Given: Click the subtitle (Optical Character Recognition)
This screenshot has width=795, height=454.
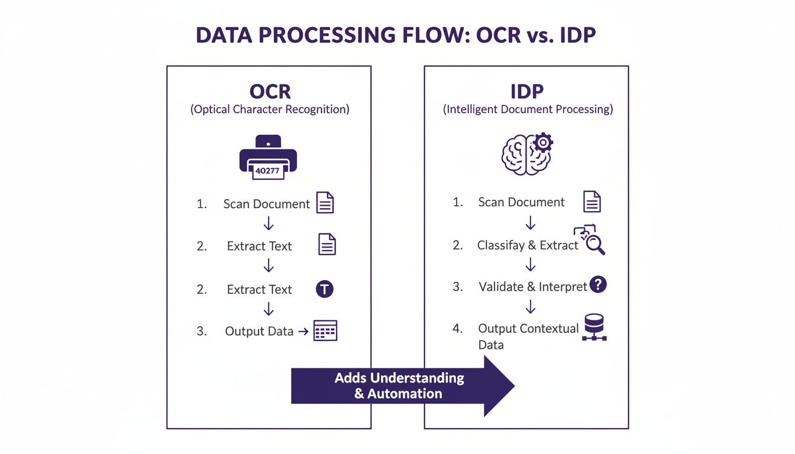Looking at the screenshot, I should point(270,110).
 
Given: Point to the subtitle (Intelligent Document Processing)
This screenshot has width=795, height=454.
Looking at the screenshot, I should point(528,110).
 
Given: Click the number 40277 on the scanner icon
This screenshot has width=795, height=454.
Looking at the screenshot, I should point(268,171).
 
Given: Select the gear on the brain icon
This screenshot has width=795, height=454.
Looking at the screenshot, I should point(542,142).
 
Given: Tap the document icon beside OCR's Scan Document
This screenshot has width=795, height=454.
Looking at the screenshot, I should point(325,203).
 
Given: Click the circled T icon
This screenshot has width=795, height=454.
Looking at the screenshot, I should point(325,288).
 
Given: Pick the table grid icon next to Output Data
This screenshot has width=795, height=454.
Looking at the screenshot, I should point(325,330).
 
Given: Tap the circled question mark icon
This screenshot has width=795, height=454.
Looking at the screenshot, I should point(599,285).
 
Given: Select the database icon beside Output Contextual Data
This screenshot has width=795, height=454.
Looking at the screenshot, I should point(594,327).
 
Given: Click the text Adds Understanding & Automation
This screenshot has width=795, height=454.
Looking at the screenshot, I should point(399,385).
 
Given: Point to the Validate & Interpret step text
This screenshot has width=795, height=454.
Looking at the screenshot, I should point(532,287).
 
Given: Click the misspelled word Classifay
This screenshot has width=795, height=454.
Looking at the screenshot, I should point(500,245).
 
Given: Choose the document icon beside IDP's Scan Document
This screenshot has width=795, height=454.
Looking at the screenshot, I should point(592,202).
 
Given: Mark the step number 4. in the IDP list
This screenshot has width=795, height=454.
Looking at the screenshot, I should point(457,329).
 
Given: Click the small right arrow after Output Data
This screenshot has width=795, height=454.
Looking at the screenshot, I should point(303,332).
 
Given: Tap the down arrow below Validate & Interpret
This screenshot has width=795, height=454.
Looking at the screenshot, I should point(531,306).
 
